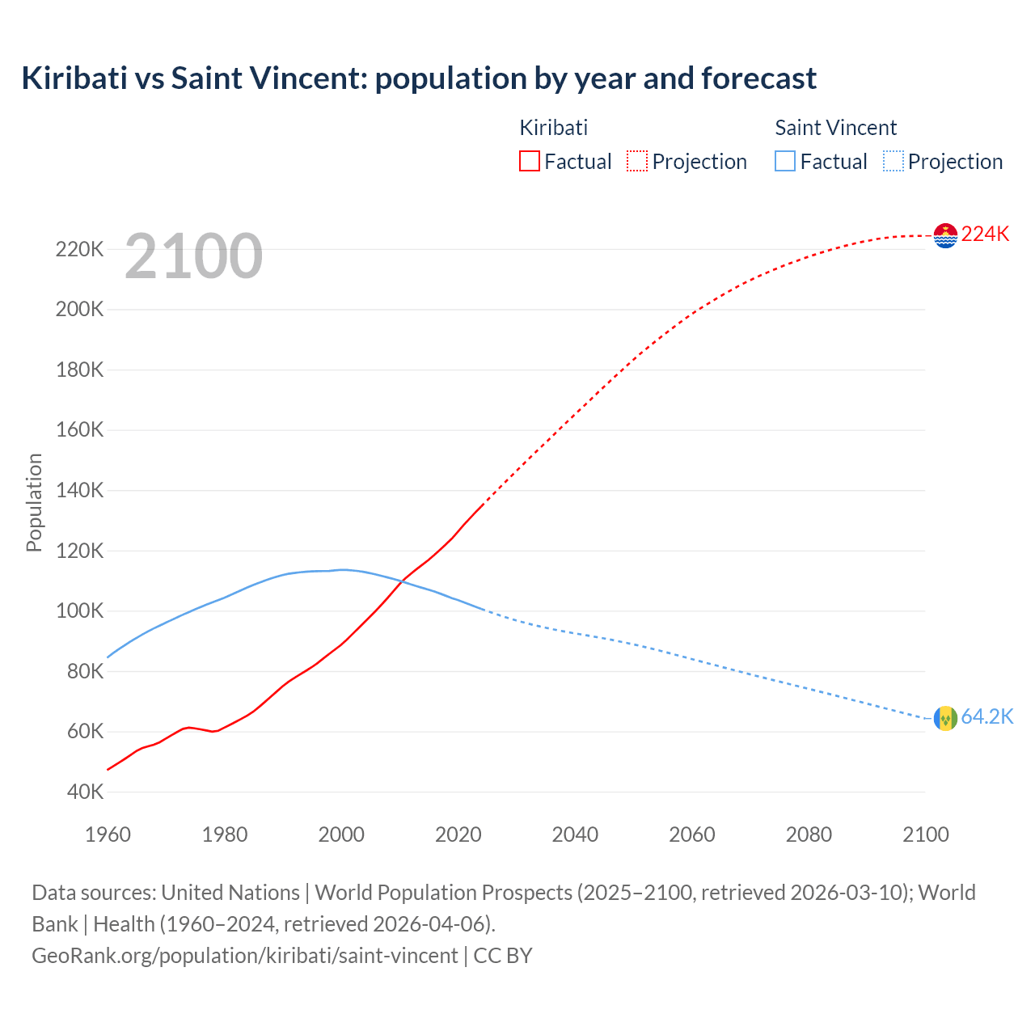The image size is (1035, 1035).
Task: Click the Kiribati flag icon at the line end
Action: point(945,235)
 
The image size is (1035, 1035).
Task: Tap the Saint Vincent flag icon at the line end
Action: point(945,718)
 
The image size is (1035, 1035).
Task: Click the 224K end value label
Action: point(985,234)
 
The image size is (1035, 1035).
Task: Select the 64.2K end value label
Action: point(986,717)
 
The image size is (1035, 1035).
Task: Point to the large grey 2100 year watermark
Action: point(193,256)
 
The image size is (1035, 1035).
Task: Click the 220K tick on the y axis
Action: point(79,249)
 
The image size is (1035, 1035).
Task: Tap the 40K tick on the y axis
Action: point(85,792)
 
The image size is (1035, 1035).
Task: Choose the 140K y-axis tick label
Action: point(79,490)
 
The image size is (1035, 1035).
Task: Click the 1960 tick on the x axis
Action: point(108,834)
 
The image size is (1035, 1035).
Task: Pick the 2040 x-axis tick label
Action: point(575,834)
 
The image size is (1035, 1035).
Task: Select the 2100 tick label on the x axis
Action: point(925,834)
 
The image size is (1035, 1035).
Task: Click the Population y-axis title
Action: point(34,502)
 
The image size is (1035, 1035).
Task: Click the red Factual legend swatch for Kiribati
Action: point(530,161)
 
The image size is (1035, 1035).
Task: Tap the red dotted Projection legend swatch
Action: point(637,161)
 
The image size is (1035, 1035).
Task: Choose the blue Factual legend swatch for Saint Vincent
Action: point(785,161)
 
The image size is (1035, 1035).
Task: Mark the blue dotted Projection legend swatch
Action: point(893,161)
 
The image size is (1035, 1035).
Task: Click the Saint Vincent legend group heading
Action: point(835,128)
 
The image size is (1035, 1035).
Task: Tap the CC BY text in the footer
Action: point(502,956)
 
